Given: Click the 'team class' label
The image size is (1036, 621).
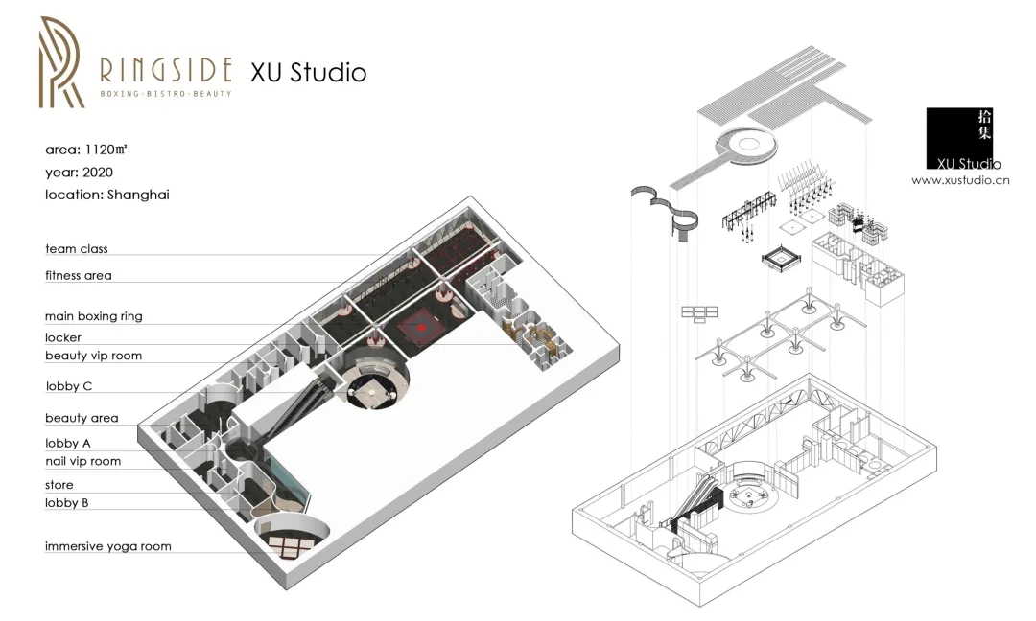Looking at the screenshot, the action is (x=76, y=249).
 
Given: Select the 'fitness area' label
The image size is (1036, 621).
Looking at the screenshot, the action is (x=78, y=276).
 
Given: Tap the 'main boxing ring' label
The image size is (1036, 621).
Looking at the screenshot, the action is (x=94, y=316).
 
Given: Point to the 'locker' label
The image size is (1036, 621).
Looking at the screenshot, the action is (x=63, y=337).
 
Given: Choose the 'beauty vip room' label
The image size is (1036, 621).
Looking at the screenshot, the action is (x=93, y=356).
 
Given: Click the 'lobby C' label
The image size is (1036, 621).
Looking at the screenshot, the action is (x=69, y=386).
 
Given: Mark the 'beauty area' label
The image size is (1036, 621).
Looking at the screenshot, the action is (x=82, y=418).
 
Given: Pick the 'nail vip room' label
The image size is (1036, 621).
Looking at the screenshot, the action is (x=82, y=461).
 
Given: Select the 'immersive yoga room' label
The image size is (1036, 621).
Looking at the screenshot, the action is (x=107, y=546).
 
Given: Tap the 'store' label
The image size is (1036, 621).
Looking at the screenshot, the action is (x=59, y=485).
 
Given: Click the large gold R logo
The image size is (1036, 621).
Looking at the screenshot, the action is (x=61, y=62).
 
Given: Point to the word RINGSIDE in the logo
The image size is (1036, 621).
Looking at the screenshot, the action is (x=166, y=70).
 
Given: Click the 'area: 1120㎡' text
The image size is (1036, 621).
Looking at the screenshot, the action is (x=86, y=149).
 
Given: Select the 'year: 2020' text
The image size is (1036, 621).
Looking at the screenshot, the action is (x=79, y=172).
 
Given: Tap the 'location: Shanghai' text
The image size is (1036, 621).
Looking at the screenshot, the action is (x=107, y=195).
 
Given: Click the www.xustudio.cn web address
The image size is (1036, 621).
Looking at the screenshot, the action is (x=960, y=180).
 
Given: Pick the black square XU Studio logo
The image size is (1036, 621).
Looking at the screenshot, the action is (x=959, y=138).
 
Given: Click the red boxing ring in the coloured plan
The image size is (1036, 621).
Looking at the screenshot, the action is (x=421, y=327).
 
